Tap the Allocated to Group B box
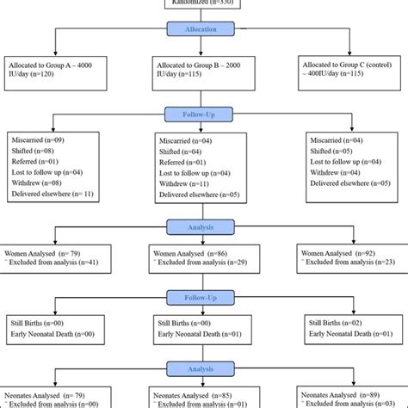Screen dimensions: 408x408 [204, 70]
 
